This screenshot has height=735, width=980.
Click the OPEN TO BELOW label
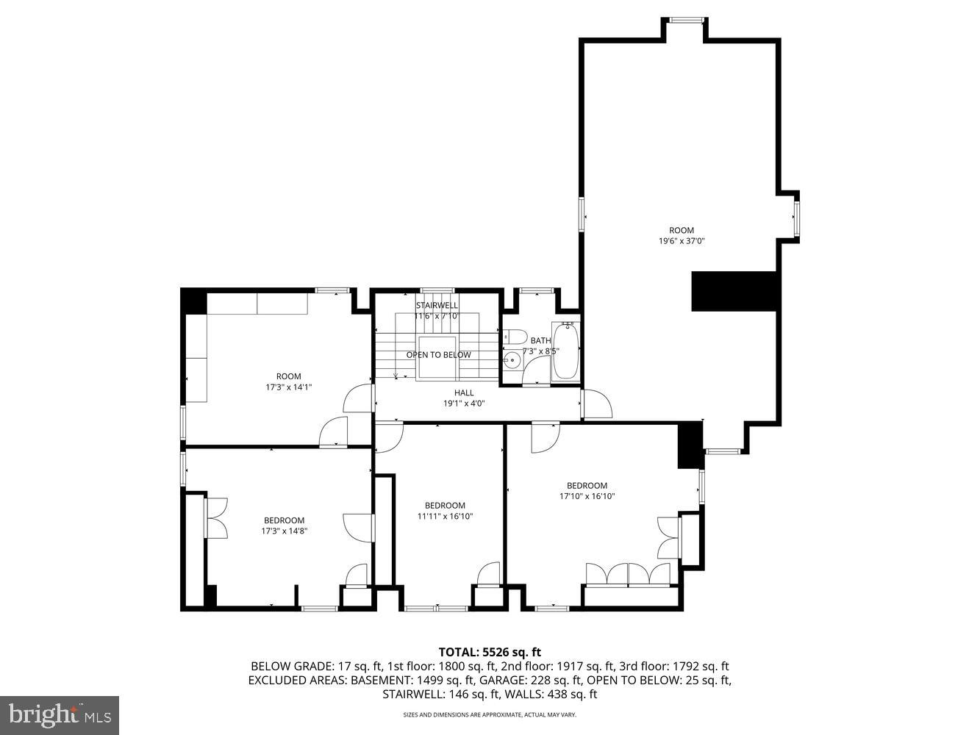coord(438,355)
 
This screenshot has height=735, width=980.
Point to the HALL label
coord(464,392)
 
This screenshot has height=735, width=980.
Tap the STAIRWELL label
coord(437,305)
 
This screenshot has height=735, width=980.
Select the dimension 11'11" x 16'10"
coord(445,516)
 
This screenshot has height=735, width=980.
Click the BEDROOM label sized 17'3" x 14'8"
coord(284,520)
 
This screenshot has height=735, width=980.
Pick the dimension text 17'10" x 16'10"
coord(587,496)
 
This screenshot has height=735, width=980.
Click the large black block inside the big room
coord(734,292)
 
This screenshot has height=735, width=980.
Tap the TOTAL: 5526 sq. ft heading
coord(490,651)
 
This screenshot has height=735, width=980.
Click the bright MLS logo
coord(59,714)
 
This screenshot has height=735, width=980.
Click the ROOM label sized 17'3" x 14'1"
coord(288,376)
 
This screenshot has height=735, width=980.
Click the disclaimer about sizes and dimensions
coord(489,714)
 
